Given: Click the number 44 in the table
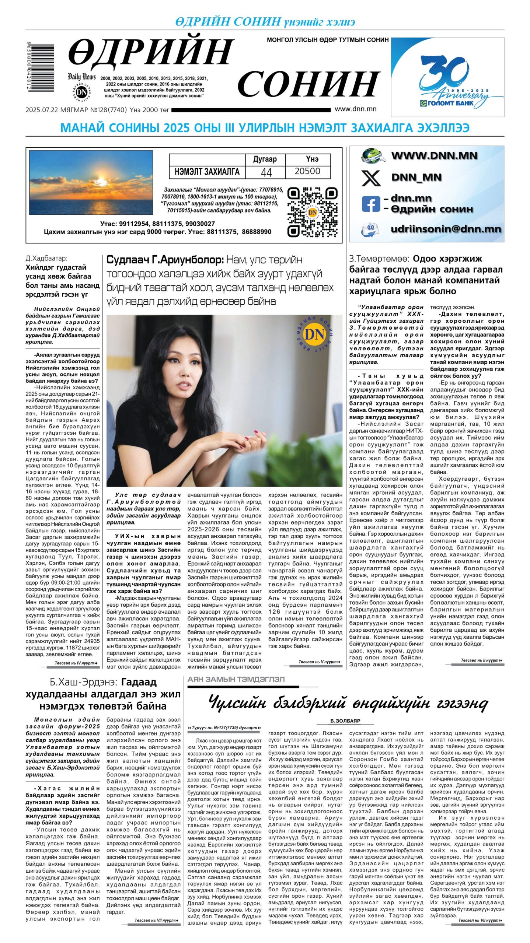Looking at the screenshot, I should tap(266, 172).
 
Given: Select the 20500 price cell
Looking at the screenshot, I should tap(307, 171).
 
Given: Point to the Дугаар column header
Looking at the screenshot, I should tap(265, 159).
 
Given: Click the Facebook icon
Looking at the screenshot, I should tap(370, 204).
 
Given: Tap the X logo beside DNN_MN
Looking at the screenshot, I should tap(371, 178).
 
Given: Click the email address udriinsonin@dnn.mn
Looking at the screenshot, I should tap(446, 229).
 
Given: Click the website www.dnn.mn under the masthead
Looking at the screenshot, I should tap(355, 109).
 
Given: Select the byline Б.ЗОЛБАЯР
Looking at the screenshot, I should tap(345, 721).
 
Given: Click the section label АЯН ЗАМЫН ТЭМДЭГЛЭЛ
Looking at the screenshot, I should tap(236, 679).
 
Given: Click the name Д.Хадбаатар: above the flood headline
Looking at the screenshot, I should tap(46, 258).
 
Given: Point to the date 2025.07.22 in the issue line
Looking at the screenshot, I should tap(40, 110).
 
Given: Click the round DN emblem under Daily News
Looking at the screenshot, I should tap(81, 92).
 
